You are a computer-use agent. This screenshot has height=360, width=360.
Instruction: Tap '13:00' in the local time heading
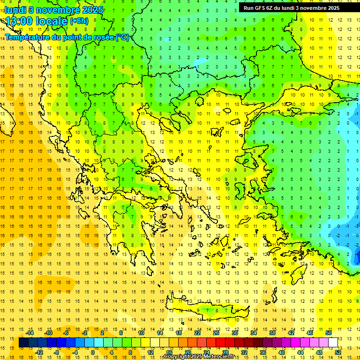pos(20,21)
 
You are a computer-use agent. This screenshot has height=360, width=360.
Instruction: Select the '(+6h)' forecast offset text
pos(79,21)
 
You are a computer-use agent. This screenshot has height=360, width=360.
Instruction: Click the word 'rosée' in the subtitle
pos(103,37)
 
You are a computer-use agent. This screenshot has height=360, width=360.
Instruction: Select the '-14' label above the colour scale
pos(30,332)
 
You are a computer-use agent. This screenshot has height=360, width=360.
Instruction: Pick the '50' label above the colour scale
pos(329,332)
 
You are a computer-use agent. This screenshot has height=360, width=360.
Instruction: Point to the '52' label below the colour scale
pos(338,352)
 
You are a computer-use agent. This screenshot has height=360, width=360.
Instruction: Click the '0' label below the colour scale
pos(92,352)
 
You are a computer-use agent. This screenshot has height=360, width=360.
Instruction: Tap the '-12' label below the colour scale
pos(39,352)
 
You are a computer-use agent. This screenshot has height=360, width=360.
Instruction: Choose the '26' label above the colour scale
pos(216,332)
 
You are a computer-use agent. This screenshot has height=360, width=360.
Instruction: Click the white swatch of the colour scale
pos(333,342)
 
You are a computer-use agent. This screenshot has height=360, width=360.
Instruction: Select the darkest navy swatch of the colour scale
pos(23,342)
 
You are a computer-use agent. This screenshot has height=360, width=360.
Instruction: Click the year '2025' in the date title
pos(87,10)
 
